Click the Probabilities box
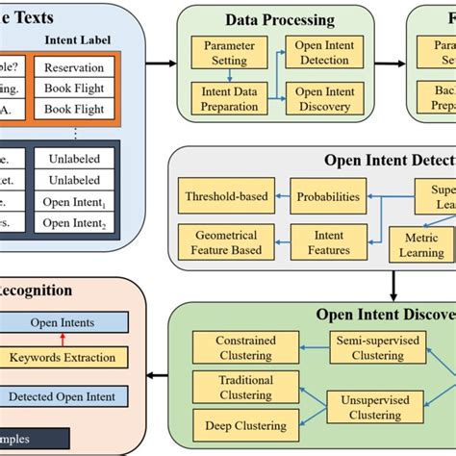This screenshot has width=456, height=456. click(328, 197)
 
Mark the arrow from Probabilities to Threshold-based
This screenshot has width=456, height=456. click(280, 196)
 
